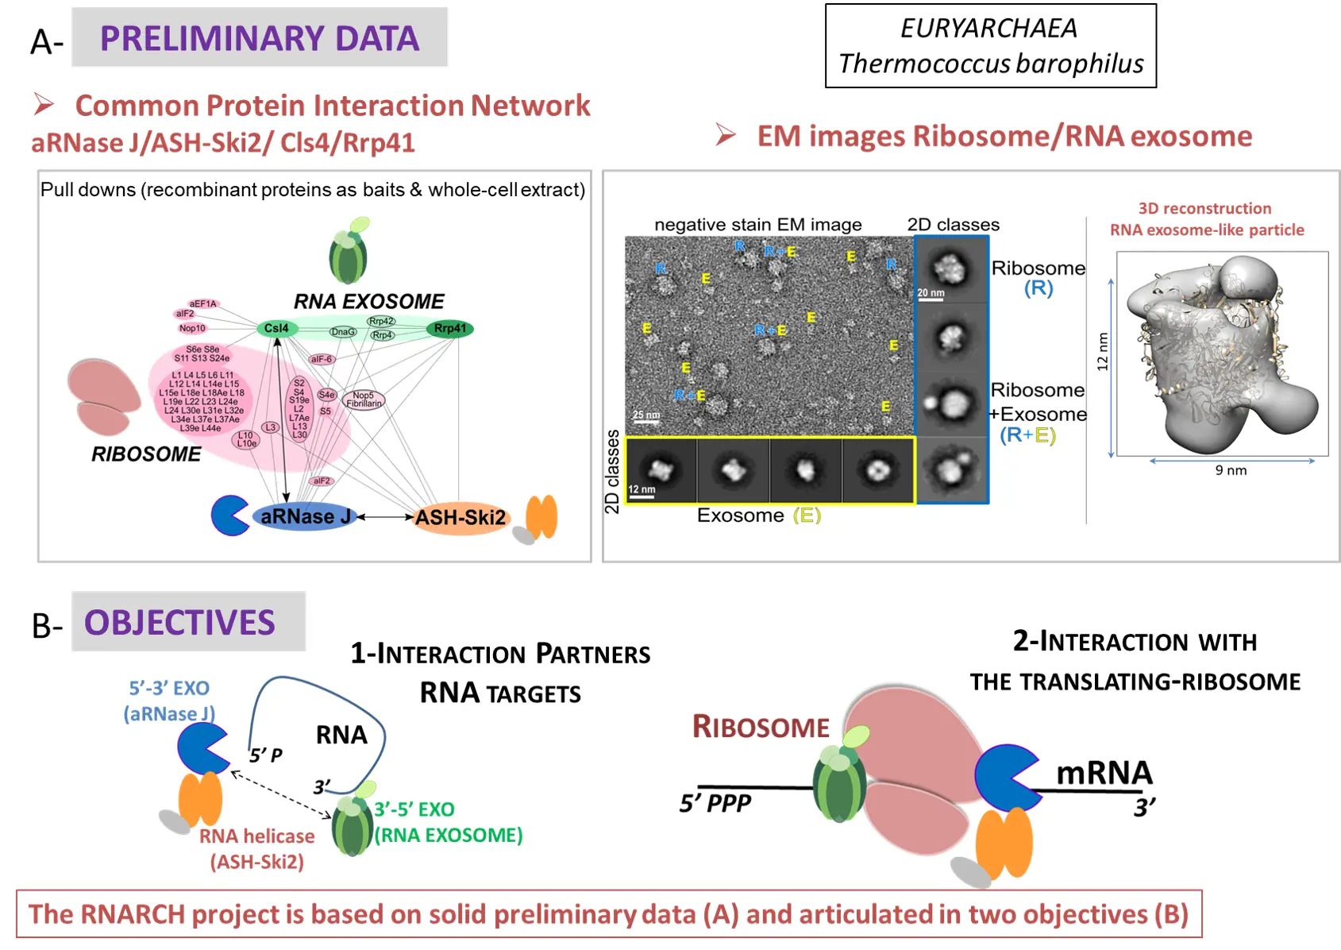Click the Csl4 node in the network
(276, 328)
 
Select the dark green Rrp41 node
(450, 328)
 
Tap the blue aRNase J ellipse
(305, 517)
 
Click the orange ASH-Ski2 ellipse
(460, 518)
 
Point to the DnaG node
(344, 332)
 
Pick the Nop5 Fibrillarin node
(364, 400)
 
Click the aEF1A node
(202, 303)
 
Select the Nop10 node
(192, 328)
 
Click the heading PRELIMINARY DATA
(260, 38)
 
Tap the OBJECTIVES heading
(180, 623)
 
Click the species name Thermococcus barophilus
(991, 64)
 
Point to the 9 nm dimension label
(1231, 470)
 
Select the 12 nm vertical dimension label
(1102, 352)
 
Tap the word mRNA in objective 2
(1104, 773)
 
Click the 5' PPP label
(715, 803)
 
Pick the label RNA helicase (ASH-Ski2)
(256, 849)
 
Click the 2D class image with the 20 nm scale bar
(950, 270)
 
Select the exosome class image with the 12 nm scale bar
(661, 471)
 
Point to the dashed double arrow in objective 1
(281, 794)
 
